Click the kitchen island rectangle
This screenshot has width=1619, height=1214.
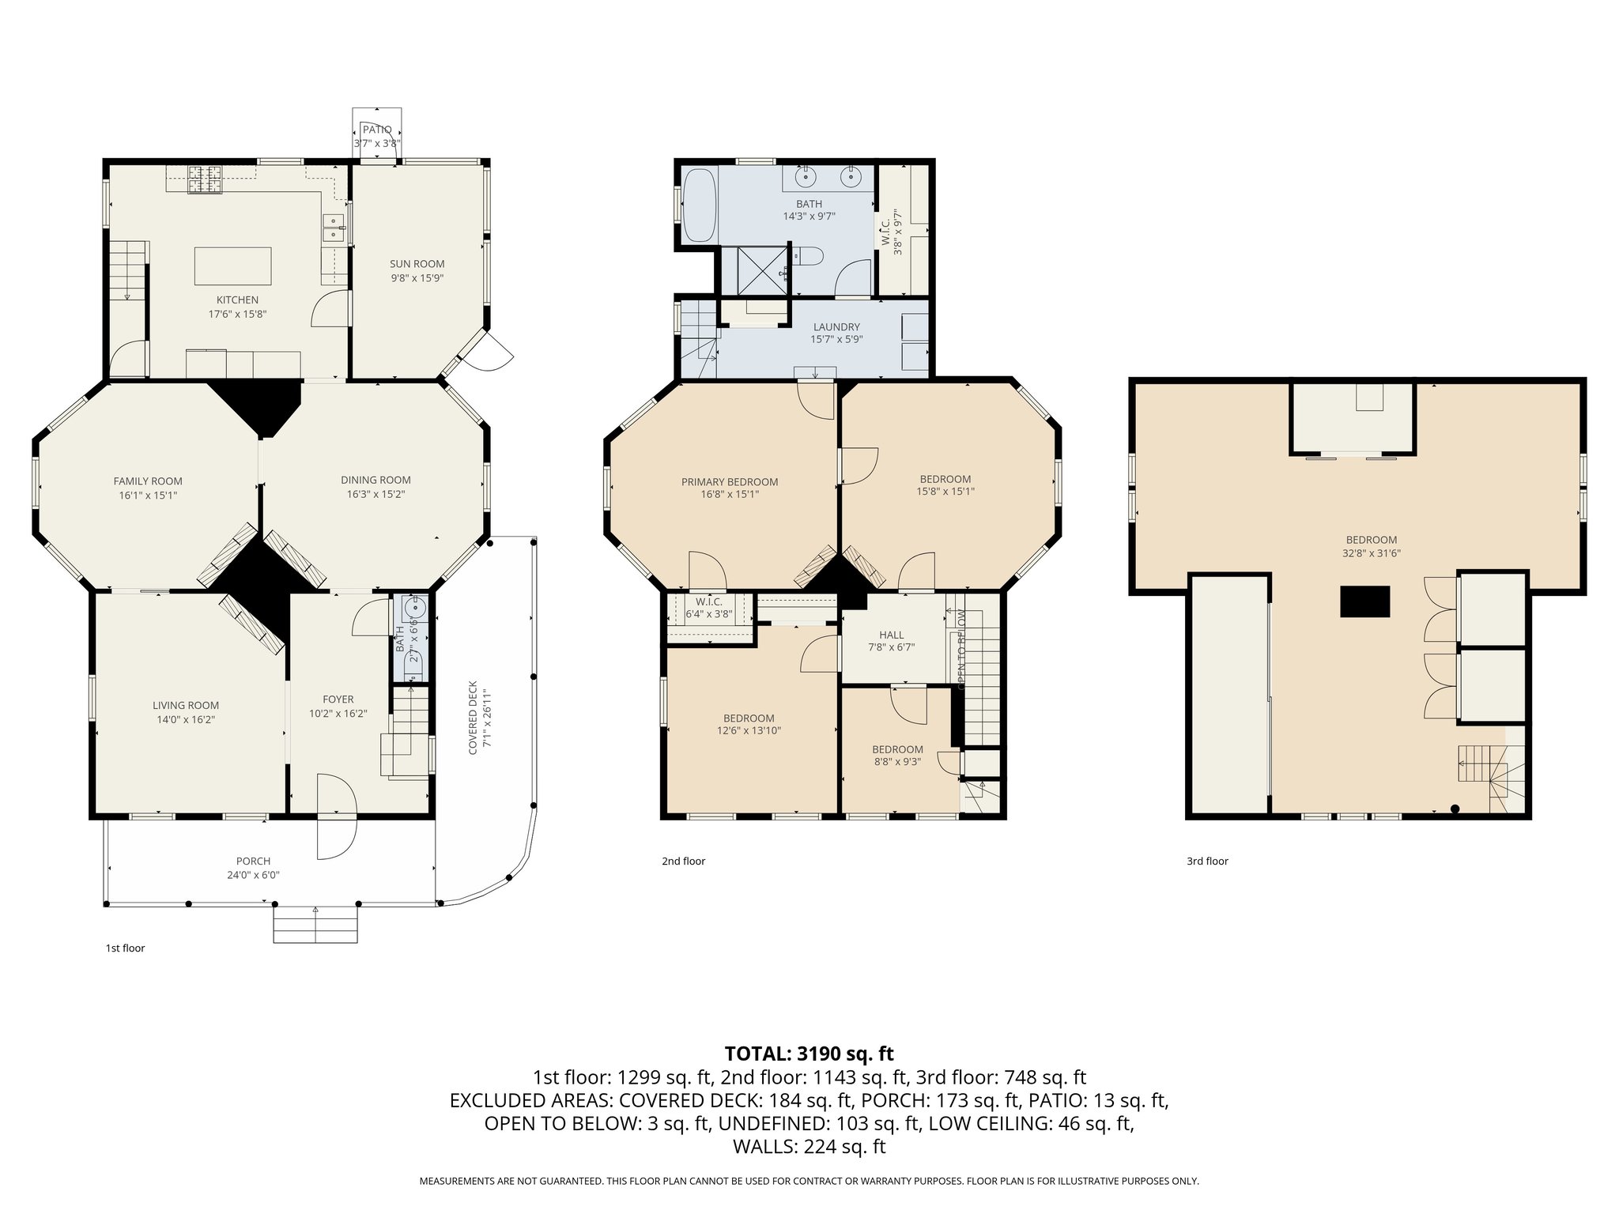233,266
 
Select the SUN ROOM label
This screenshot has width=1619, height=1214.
417,264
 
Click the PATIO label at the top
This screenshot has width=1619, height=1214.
377,130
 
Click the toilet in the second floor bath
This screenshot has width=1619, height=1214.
809,256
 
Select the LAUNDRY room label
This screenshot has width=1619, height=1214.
836,326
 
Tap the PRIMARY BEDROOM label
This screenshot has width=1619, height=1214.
729,482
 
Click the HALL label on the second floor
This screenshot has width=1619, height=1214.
891,635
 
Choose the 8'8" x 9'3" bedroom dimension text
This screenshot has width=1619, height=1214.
897,762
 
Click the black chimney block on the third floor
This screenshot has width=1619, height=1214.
1364,601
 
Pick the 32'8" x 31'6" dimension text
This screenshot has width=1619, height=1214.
1371,553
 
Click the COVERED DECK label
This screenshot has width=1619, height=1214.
473,718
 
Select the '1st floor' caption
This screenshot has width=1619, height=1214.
125,948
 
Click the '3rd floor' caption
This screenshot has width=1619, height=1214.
1207,861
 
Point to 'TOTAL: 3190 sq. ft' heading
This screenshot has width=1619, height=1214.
809,1054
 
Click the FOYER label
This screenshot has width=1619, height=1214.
338,699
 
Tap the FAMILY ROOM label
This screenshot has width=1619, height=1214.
148,481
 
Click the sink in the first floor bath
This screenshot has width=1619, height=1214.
415,608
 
